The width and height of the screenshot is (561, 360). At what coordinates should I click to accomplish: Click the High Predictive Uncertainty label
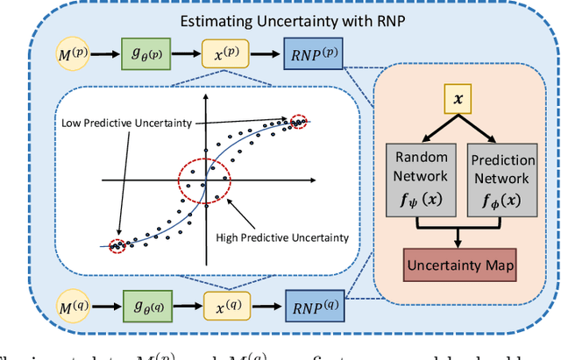coord(282,236)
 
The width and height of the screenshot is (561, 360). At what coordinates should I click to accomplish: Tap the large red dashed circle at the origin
coord(204,180)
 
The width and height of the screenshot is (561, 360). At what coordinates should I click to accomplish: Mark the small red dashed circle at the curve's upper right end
coord(301,121)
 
